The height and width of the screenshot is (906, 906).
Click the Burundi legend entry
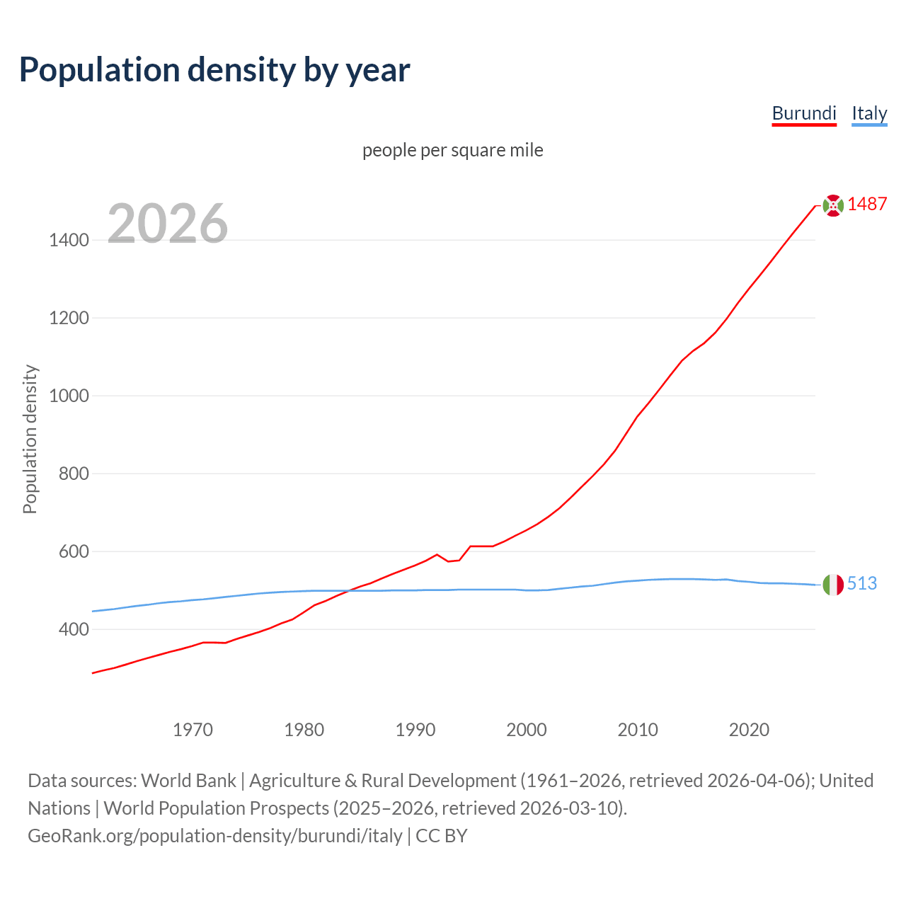coord(804,113)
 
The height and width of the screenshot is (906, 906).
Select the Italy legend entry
coord(869,113)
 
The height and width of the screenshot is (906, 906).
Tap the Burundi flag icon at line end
coord(833,205)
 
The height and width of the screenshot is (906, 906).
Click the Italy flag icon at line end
coord(833,585)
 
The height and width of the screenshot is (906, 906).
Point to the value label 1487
coord(867,204)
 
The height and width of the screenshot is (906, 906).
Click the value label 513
coord(862,583)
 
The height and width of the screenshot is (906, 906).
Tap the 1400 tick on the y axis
coord(69,241)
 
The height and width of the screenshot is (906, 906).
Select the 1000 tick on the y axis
coord(69,396)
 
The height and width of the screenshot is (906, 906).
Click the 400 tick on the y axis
coord(73,629)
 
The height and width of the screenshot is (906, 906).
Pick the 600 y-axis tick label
coord(73,551)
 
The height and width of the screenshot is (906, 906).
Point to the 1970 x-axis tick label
coord(193,730)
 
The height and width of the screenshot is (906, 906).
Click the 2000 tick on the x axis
coord(527,730)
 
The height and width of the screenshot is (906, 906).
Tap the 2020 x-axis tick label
coord(749,730)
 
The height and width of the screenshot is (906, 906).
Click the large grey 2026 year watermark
coord(168,224)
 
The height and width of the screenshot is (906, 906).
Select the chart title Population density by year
coord(214,70)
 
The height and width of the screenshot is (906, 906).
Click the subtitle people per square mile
coord(453,151)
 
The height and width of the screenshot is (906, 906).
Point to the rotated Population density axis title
coord(30,439)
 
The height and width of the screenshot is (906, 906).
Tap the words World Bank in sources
coord(188,781)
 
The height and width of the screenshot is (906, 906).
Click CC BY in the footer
coord(442,836)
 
